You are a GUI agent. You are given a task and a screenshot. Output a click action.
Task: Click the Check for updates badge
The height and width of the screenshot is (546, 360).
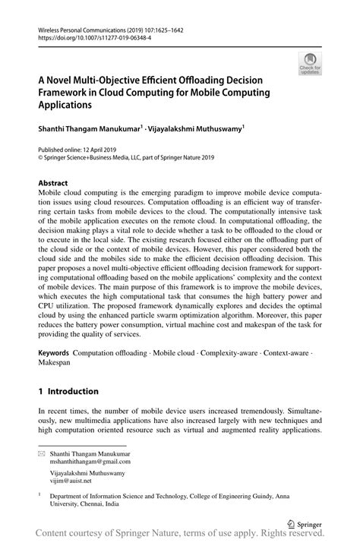coord(309,64)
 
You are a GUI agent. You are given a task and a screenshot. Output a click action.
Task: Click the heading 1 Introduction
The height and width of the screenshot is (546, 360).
coord(68,391)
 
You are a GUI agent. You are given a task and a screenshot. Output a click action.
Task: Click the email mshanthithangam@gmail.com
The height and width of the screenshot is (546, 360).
coord(79,461)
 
